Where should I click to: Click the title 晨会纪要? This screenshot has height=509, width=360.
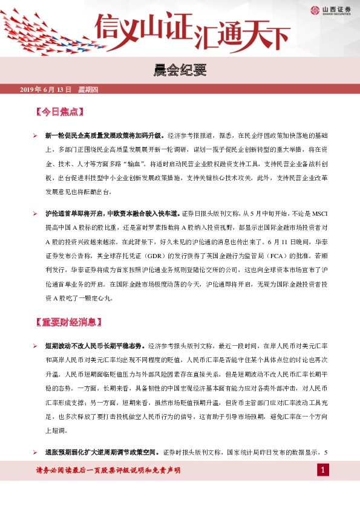pyautogui.click(x=180, y=71)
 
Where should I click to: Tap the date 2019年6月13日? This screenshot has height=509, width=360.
pyautogui.click(x=46, y=89)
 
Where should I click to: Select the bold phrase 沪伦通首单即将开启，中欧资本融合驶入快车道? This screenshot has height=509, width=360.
pyautogui.click(x=113, y=213)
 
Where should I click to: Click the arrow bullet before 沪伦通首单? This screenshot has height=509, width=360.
pyautogui.click(x=36, y=213)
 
